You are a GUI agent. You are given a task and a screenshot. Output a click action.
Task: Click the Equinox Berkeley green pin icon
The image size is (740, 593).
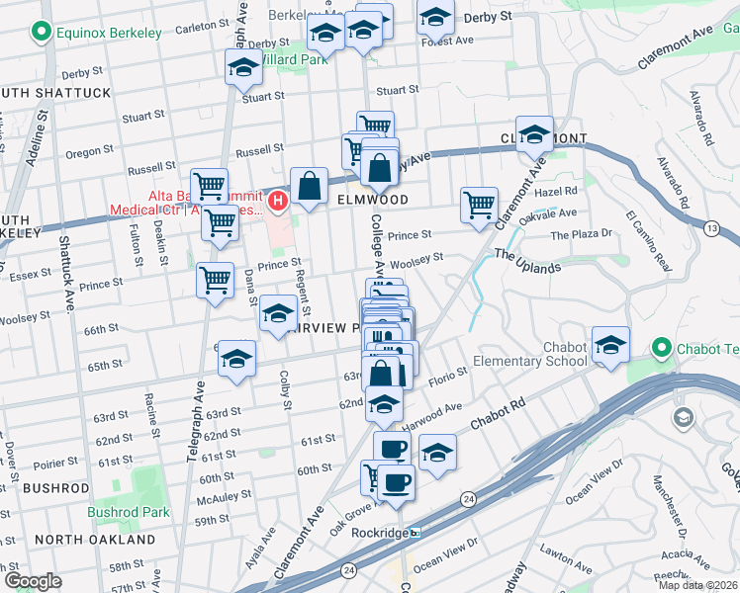(42, 34)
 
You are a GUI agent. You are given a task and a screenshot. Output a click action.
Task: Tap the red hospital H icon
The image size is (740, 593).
(278, 202)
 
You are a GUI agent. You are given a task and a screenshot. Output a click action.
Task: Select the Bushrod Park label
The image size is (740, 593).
(129, 512)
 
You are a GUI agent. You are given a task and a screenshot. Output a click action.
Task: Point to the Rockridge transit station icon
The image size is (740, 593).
(416, 532)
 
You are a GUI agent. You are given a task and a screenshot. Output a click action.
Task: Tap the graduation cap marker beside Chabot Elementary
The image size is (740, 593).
(610, 345)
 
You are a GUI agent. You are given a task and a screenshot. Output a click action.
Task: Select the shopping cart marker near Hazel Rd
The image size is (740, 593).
(479, 205)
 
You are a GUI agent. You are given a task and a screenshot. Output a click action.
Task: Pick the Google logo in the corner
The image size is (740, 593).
(33, 580)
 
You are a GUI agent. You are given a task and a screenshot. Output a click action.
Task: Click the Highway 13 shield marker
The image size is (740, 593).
(711, 229)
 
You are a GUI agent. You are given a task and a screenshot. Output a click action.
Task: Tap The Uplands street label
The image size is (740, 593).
(527, 261)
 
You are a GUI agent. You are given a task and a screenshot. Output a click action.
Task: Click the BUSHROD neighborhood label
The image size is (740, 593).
(56, 488)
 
